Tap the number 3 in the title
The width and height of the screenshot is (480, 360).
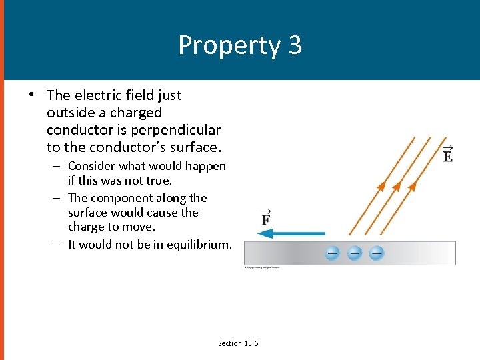tap(295, 45)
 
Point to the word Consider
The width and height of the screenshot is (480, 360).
tap(92, 166)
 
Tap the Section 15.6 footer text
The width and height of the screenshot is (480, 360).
tap(238, 343)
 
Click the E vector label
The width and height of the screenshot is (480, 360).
tap(448, 155)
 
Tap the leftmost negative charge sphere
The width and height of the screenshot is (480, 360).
tap(333, 253)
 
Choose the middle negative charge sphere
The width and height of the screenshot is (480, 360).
tap(355, 253)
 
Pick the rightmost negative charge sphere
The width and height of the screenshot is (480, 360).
tap(377, 253)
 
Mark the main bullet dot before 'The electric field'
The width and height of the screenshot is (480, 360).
tap(31, 94)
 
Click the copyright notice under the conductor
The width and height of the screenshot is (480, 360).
tap(261, 268)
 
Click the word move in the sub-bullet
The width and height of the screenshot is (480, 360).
tap(141, 227)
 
